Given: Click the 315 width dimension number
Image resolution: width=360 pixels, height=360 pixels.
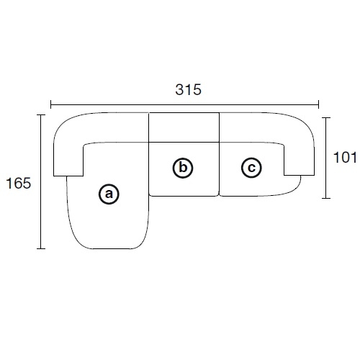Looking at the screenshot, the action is tap(188, 90).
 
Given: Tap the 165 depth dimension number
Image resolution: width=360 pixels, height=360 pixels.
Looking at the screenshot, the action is tap(19, 184).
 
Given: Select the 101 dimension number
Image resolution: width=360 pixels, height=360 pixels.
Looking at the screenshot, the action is tap(345, 158).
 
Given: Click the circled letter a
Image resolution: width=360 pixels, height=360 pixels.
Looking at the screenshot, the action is tap(109, 194).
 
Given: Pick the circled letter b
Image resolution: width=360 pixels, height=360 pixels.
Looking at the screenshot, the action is tap(183, 168).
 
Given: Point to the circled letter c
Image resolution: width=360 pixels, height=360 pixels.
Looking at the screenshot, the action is tap(251, 168).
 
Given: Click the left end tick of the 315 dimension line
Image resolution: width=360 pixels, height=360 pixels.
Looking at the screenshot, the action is tap(51, 104).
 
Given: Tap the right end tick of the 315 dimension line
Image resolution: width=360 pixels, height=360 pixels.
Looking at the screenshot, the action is tap(318, 104).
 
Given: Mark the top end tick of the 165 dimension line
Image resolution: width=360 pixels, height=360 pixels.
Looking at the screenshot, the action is tap(41, 115).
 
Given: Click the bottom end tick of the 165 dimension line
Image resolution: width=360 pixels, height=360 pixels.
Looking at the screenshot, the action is tap(41, 248).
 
